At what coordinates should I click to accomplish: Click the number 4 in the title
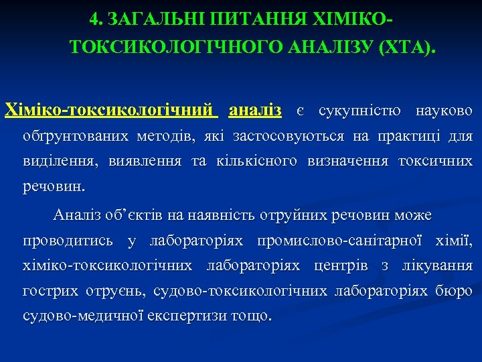click(x=94, y=20)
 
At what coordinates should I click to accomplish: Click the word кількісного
click(x=259, y=161)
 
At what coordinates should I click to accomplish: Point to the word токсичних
click(x=435, y=161)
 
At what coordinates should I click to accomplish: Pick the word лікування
click(x=437, y=265)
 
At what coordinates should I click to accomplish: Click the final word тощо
click(x=250, y=316)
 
